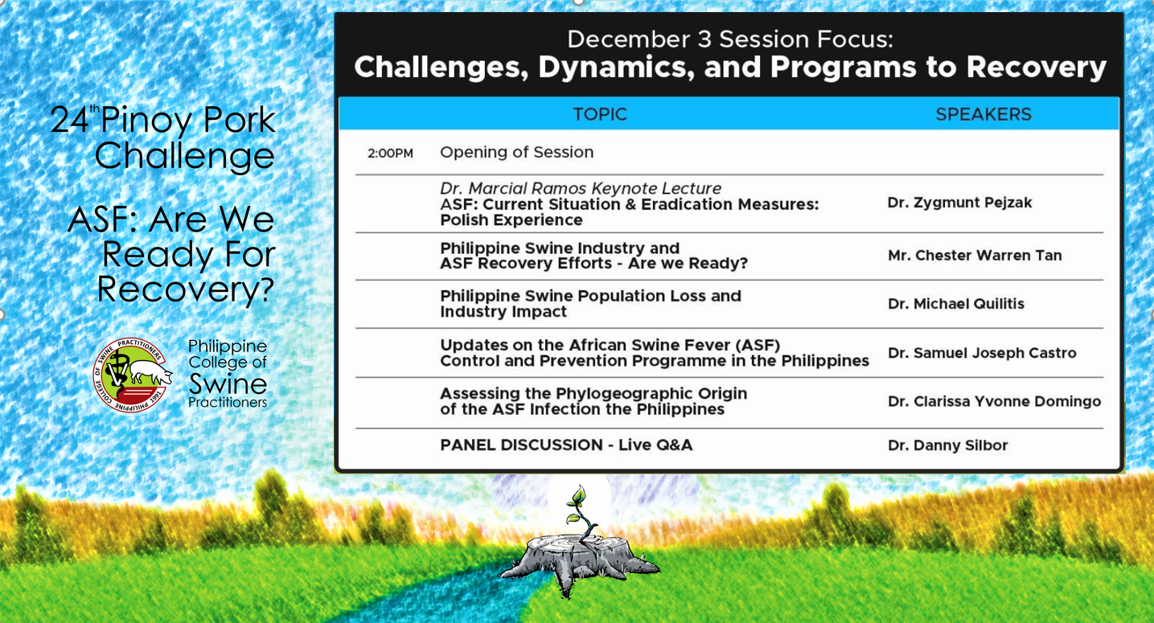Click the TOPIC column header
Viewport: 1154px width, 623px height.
(600, 114)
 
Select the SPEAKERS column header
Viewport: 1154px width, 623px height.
(984, 114)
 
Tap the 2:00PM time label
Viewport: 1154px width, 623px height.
(390, 153)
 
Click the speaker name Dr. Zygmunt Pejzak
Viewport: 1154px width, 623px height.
(959, 203)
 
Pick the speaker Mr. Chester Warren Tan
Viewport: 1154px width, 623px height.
(975, 256)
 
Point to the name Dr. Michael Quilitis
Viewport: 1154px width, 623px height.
(955, 304)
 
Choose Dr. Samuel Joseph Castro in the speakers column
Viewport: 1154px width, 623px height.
(982, 353)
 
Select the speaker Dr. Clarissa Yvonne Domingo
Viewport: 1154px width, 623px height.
(994, 401)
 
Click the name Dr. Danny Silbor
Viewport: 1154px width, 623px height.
(947, 445)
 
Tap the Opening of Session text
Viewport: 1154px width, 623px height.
(517, 153)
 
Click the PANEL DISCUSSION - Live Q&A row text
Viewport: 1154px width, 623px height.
(566, 445)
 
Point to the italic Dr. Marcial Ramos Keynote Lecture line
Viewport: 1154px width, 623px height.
(581, 188)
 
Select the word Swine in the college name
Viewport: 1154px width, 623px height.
(228, 383)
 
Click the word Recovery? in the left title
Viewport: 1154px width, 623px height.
(186, 290)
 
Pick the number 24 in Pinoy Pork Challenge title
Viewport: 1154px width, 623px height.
(69, 120)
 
